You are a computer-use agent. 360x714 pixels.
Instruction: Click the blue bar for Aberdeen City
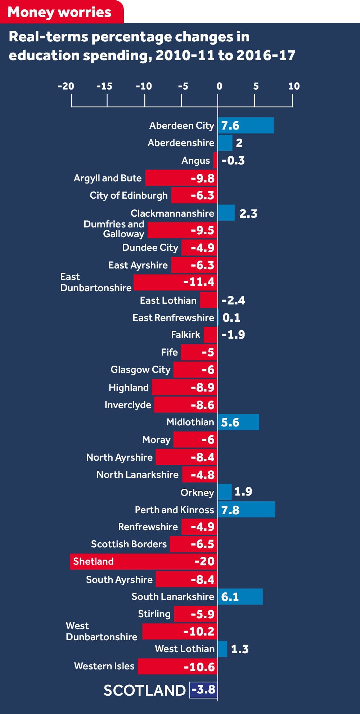(246, 125)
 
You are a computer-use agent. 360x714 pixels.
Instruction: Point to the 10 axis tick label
(294, 86)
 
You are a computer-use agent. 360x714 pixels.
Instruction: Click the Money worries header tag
(60, 12)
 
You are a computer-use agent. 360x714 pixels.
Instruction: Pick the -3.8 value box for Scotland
(203, 690)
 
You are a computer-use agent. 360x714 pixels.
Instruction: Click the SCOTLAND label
(145, 690)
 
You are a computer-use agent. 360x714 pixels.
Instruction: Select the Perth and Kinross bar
(247, 509)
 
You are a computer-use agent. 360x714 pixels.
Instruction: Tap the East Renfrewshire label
(173, 318)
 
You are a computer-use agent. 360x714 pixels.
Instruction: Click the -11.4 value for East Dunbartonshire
(199, 282)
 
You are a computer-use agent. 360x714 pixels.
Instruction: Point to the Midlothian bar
(238, 422)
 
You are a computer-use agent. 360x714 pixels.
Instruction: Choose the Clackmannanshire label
(172, 213)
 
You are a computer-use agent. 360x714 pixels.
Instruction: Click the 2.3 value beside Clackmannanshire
(248, 214)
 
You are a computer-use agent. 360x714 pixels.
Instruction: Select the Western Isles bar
(177, 666)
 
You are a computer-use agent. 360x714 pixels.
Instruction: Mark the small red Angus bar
(215, 160)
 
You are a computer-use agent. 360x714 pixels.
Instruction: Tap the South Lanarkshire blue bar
(240, 597)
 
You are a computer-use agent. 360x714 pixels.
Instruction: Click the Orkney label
(197, 492)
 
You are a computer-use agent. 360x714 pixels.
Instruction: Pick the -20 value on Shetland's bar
(204, 561)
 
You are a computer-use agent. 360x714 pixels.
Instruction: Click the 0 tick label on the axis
(219, 86)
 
